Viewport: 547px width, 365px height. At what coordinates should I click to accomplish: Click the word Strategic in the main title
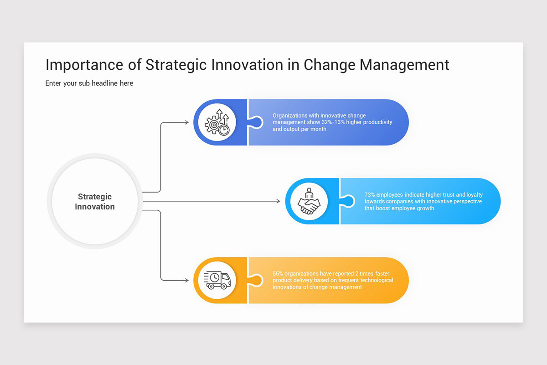[176, 65]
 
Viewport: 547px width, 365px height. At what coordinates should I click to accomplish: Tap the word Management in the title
[404, 65]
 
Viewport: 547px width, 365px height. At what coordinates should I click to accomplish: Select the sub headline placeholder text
[89, 83]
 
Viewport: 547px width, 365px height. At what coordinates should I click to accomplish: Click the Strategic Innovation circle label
[95, 202]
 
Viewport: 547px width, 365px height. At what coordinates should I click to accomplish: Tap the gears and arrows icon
[217, 122]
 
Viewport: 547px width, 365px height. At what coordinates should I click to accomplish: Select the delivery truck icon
[217, 280]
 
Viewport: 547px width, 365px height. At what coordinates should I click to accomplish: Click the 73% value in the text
[370, 195]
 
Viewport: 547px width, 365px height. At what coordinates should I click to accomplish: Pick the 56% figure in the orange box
[278, 274]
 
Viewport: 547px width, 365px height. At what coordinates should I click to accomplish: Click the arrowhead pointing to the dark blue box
[186, 122]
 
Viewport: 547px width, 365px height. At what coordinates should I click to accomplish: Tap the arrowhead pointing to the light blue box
[278, 201]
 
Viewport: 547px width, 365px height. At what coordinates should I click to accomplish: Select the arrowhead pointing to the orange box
[186, 280]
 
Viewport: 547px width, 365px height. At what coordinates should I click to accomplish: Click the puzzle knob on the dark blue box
[257, 122]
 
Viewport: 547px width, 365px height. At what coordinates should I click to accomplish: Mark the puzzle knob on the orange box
[257, 280]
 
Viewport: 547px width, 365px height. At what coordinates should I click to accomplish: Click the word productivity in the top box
[377, 122]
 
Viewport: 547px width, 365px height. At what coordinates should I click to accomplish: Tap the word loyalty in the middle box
[475, 195]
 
